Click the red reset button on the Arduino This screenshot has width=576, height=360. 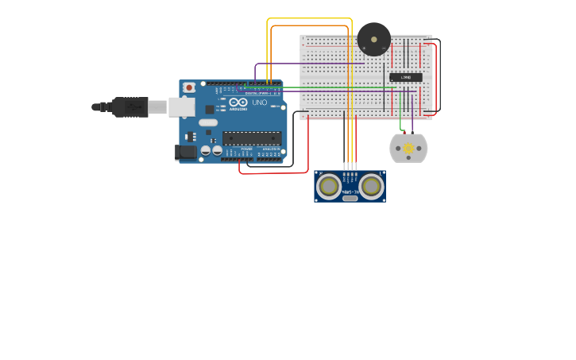[x=189, y=87]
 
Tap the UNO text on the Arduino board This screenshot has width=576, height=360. [x=260, y=103]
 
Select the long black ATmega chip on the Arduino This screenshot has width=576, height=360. [x=251, y=138]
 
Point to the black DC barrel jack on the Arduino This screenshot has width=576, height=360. [x=185, y=151]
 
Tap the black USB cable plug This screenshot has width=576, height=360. [x=130, y=106]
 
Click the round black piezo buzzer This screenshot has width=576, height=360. [x=373, y=38]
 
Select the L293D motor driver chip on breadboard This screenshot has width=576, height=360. [x=405, y=77]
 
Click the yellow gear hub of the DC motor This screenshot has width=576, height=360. [x=409, y=148]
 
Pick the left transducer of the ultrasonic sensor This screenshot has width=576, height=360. [x=328, y=186]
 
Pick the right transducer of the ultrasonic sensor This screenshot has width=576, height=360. [x=371, y=186]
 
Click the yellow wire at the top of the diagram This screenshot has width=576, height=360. [x=310, y=18]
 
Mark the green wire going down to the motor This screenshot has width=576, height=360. [x=401, y=125]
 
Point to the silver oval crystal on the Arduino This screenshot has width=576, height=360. [x=207, y=122]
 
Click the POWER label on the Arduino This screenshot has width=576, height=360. [x=246, y=149]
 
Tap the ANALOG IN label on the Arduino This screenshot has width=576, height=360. [x=271, y=149]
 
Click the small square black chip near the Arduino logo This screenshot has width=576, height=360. [x=210, y=109]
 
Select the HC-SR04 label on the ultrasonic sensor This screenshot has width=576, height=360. [x=350, y=192]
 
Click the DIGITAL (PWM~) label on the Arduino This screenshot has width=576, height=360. [x=262, y=94]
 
